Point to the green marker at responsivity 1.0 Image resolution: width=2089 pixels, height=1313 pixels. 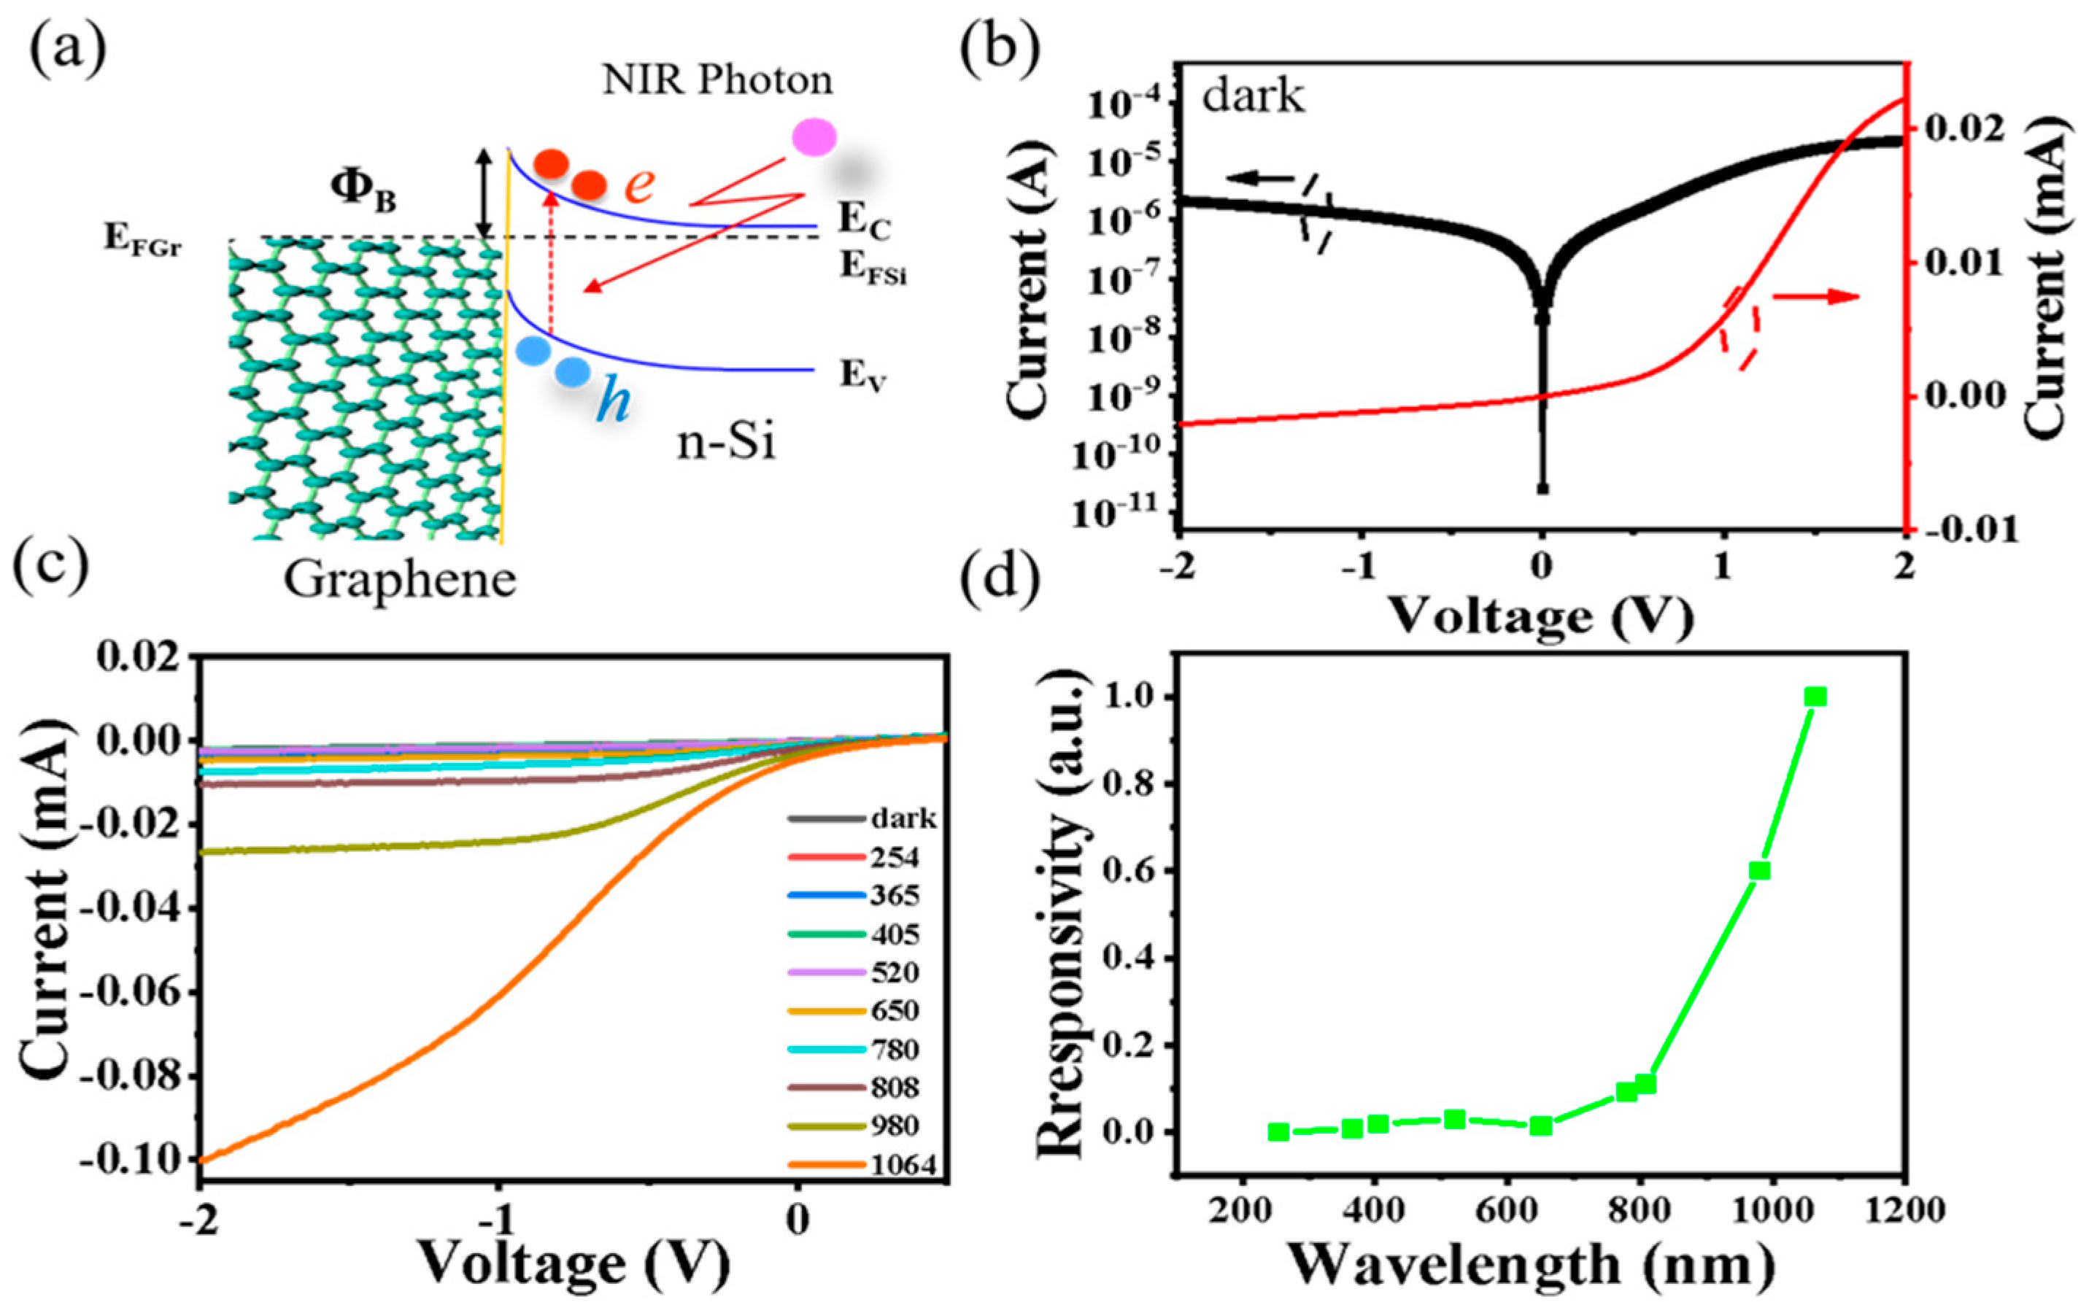point(1815,697)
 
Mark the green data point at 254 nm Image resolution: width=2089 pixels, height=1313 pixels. point(1278,1132)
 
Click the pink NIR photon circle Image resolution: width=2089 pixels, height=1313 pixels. point(814,137)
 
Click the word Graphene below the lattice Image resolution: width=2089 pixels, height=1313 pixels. point(400,579)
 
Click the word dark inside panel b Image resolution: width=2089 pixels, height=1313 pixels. point(1252,95)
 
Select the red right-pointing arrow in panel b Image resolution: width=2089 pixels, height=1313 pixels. point(1815,297)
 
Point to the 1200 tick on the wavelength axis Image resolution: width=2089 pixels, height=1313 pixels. point(1904,1210)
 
